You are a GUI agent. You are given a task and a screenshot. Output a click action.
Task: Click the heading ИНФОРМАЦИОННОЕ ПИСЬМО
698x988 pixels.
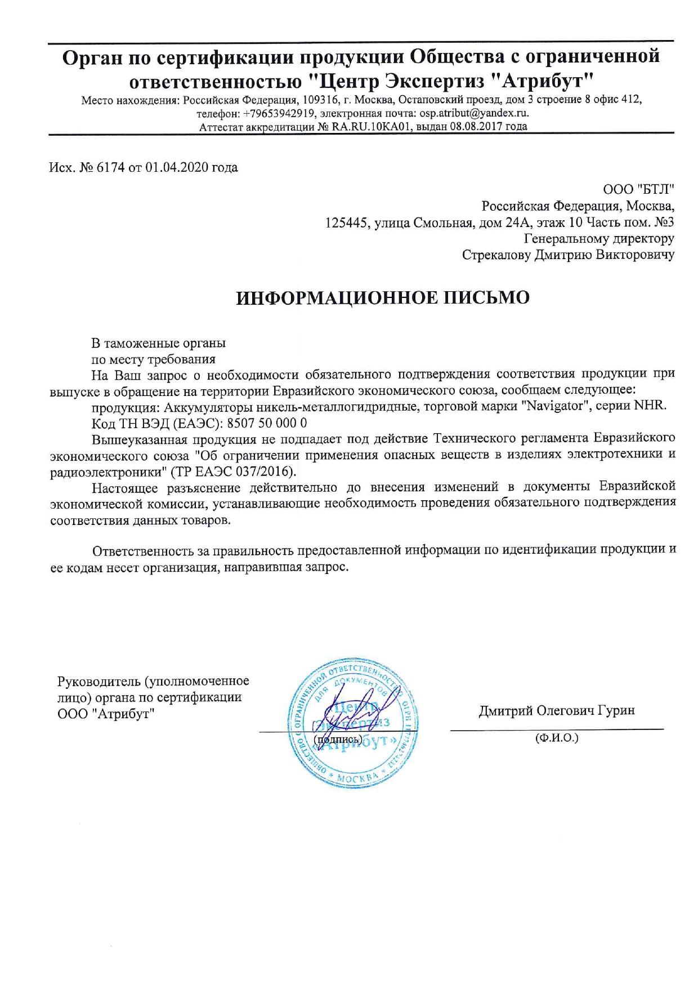click(x=382, y=297)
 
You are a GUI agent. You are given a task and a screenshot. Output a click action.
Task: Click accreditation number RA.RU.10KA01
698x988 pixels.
click(x=372, y=126)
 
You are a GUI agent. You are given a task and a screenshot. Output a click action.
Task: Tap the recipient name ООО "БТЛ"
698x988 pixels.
click(x=638, y=189)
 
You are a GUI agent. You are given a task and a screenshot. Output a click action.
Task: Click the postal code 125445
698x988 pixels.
click(x=347, y=222)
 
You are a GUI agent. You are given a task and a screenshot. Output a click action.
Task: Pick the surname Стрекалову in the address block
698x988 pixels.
click(x=496, y=255)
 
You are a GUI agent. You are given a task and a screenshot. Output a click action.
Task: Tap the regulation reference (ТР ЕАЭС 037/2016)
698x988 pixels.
click(x=232, y=470)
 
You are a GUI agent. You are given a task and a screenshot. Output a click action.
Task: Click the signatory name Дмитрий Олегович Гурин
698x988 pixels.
click(x=556, y=710)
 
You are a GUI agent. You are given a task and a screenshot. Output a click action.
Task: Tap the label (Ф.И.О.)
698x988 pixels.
click(x=557, y=737)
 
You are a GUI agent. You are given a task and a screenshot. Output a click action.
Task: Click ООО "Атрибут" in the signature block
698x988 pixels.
click(x=106, y=714)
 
